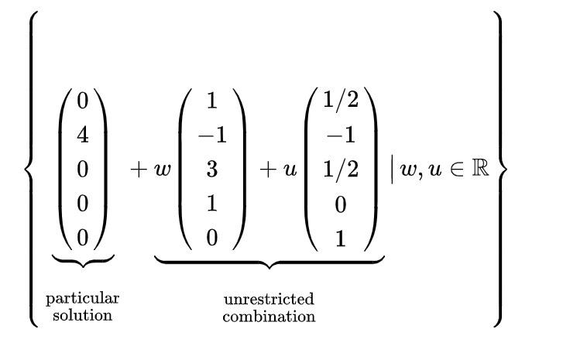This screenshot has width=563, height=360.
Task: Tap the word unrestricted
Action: click(x=269, y=300)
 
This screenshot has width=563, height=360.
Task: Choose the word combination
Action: click(x=269, y=316)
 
